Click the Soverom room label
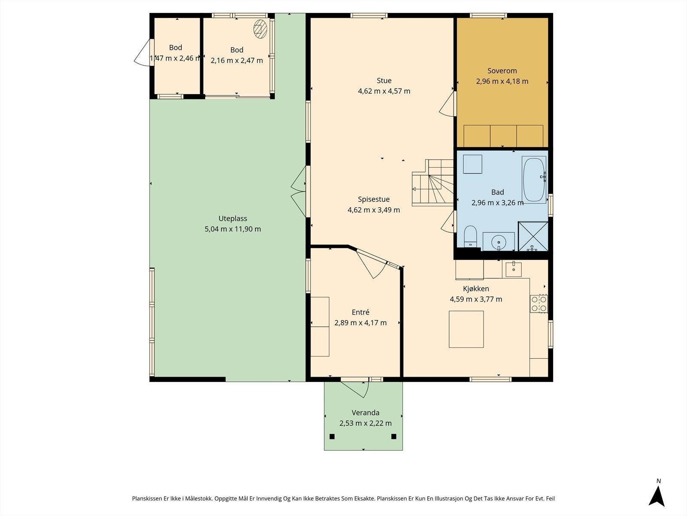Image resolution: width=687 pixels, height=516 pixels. [502, 71]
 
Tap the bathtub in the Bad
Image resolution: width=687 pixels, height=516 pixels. [534, 180]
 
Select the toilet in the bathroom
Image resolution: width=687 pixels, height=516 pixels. [470, 236]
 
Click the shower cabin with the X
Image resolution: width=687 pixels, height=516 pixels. [533, 236]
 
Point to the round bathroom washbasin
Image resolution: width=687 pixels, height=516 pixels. [499, 242]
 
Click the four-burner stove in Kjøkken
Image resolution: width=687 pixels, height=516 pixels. [539, 304]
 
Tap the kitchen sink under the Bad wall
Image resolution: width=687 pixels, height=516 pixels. [514, 269]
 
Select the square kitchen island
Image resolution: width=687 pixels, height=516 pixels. [466, 329]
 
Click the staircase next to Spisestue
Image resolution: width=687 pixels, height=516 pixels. [433, 183]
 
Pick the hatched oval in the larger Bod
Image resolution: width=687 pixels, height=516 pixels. [260, 29]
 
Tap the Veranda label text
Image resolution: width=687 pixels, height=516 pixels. [365, 413]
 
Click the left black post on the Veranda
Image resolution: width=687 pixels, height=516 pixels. [332, 436]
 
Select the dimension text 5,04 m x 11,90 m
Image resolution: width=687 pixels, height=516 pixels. [233, 229]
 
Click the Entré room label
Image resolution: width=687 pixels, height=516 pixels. [361, 312]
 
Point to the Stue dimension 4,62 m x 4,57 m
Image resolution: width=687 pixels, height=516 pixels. [384, 91]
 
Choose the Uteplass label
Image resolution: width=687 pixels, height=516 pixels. [233, 218]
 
